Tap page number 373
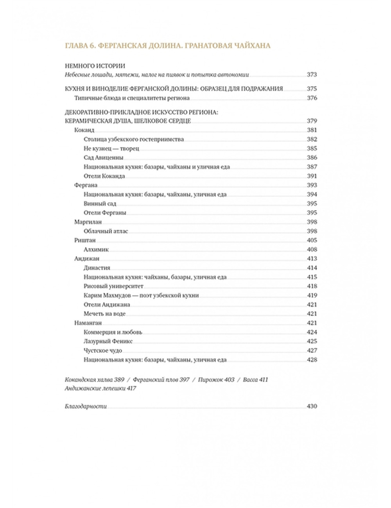pyautogui.click(x=312, y=75)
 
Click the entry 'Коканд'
pyautogui.click(x=84, y=130)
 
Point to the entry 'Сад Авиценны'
pyautogui.click(x=104, y=157)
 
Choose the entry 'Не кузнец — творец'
pyautogui.click(x=111, y=148)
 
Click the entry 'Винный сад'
pyautogui.click(x=100, y=204)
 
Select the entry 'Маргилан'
pyautogui.click(x=88, y=222)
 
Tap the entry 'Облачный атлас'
pyautogui.click(x=106, y=231)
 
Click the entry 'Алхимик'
pyautogui.click(x=96, y=249)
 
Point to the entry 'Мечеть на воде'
pyautogui.click(x=104, y=314)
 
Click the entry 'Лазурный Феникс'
pyautogui.click(x=108, y=341)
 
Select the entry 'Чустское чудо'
pyautogui.click(x=103, y=351)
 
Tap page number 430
pyautogui.click(x=312, y=406)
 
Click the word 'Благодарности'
pyautogui.click(x=86, y=406)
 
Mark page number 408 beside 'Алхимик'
pyautogui.click(x=312, y=249)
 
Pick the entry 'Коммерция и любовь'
pyautogui.click(x=113, y=332)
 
